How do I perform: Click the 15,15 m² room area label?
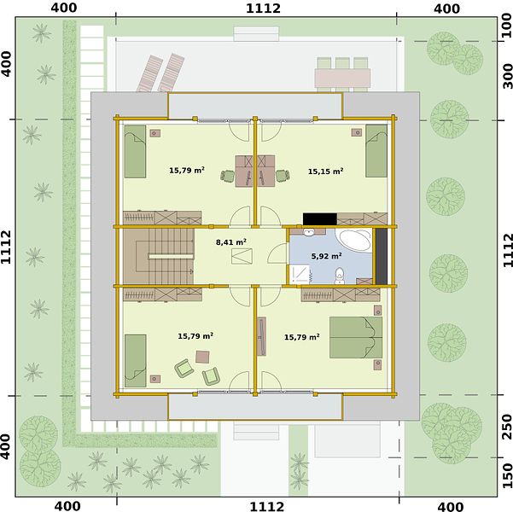325,172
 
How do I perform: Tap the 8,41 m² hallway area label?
231,242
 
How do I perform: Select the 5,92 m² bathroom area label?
327,256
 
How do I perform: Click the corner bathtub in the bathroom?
356,241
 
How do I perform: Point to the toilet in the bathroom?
340,276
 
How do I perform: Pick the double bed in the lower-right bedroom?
356,337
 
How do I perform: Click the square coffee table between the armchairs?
202,357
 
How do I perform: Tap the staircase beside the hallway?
159,256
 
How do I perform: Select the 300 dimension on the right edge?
507,76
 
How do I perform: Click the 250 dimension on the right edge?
507,427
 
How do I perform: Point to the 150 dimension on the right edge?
507,475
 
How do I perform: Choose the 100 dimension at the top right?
507,26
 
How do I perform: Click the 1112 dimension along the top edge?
264,9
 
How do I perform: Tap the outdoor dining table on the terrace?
342,78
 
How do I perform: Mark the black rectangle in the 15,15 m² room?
319,218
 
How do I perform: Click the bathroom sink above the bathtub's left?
308,232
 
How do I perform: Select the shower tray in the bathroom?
299,274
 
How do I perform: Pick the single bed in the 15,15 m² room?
376,151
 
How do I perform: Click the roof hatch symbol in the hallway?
242,256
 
